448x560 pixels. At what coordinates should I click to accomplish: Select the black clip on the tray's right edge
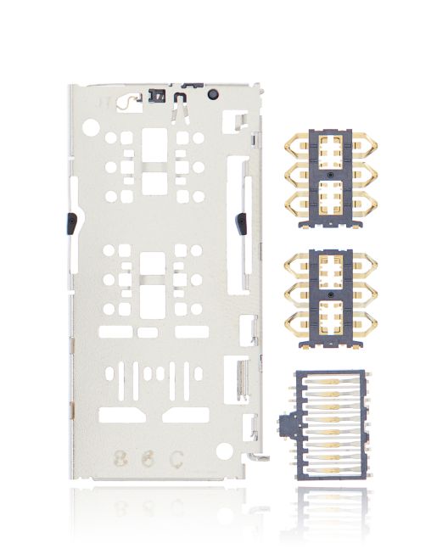click(241, 224)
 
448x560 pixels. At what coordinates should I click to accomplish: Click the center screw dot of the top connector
click(329, 176)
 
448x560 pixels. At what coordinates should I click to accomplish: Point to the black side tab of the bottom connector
click(286, 424)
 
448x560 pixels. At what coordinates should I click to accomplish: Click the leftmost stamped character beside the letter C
click(119, 461)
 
